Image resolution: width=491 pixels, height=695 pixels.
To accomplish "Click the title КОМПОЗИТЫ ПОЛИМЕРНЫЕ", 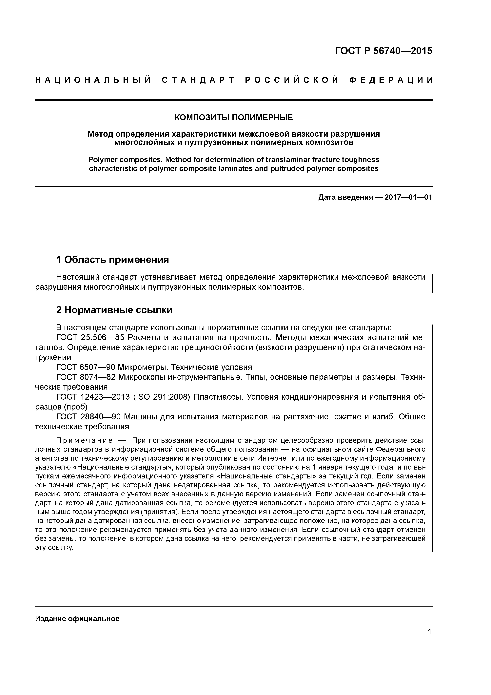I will tap(234, 117).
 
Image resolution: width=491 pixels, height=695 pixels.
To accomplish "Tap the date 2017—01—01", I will tap(408, 198).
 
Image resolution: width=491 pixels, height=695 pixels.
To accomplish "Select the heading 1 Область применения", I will tap(112, 259).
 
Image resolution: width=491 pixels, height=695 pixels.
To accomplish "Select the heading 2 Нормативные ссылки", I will tap(114, 310).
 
